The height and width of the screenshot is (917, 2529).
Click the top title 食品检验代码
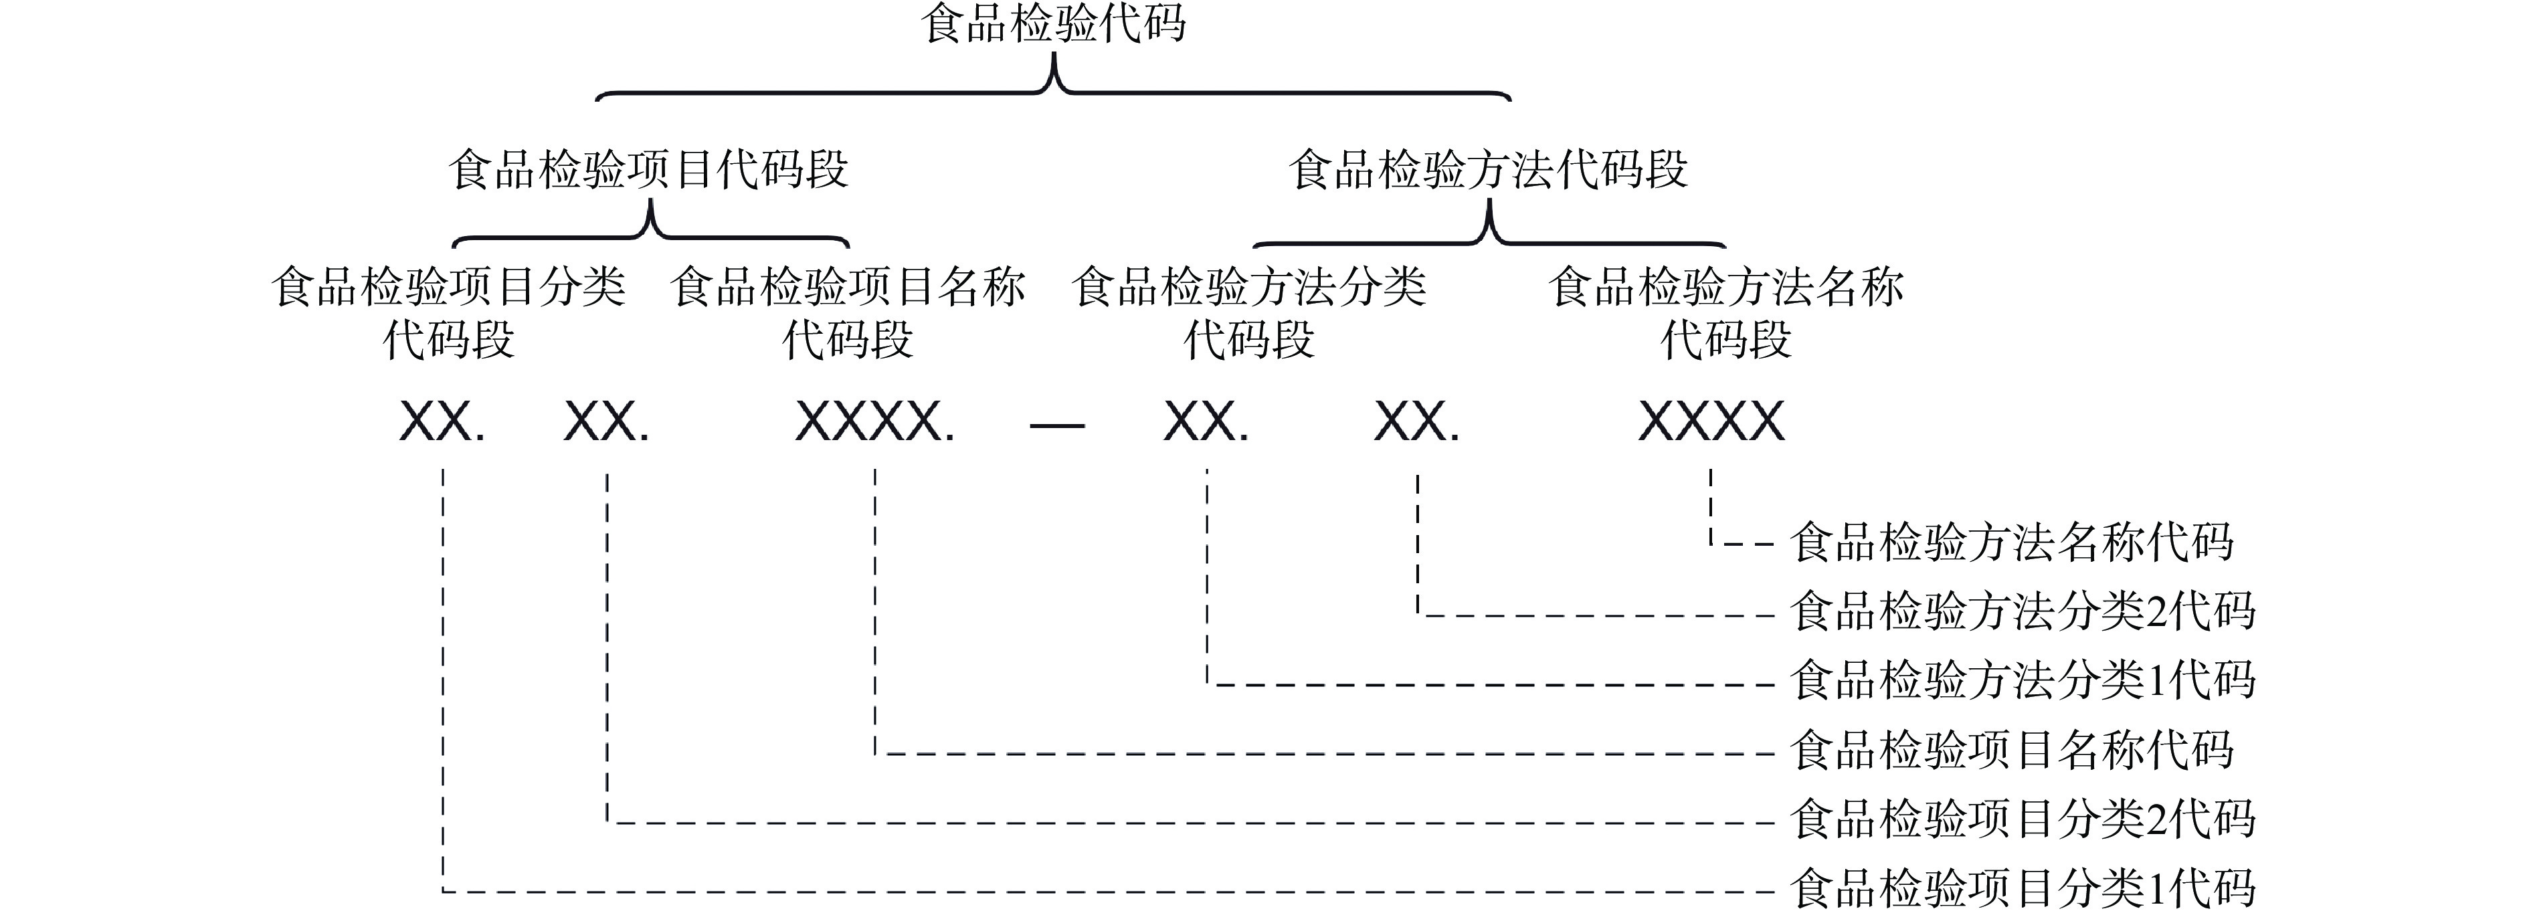pyautogui.click(x=1052, y=23)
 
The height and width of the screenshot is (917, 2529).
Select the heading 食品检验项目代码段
pyautogui.click(x=648, y=169)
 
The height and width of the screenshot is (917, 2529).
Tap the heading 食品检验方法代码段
pyautogui.click(x=1489, y=169)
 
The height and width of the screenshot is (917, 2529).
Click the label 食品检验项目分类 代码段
pyautogui.click(x=449, y=313)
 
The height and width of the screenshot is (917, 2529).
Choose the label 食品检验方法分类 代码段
pyautogui.click(x=1249, y=313)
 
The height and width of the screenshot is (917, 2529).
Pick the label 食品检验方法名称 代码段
pyautogui.click(x=1726, y=313)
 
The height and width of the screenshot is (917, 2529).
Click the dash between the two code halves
pyautogui.click(x=1056, y=426)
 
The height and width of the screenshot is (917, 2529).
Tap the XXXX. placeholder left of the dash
pyautogui.click(x=874, y=422)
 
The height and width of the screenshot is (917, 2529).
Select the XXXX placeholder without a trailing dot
pyautogui.click(x=1711, y=422)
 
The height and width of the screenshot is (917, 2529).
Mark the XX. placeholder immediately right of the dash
pyautogui.click(x=1206, y=422)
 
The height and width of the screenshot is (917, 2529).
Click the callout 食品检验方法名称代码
pyautogui.click(x=2012, y=542)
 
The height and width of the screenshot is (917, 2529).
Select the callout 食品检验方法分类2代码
pyautogui.click(x=2023, y=611)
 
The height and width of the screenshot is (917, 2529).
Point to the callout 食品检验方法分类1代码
pyautogui.click(x=2023, y=680)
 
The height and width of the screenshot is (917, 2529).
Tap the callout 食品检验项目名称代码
pyautogui.click(x=2012, y=750)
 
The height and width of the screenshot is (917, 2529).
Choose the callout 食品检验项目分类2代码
pyautogui.click(x=2023, y=819)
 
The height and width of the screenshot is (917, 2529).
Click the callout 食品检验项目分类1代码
pyautogui.click(x=2023, y=888)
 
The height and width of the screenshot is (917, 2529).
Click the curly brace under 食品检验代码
pyautogui.click(x=1054, y=86)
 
